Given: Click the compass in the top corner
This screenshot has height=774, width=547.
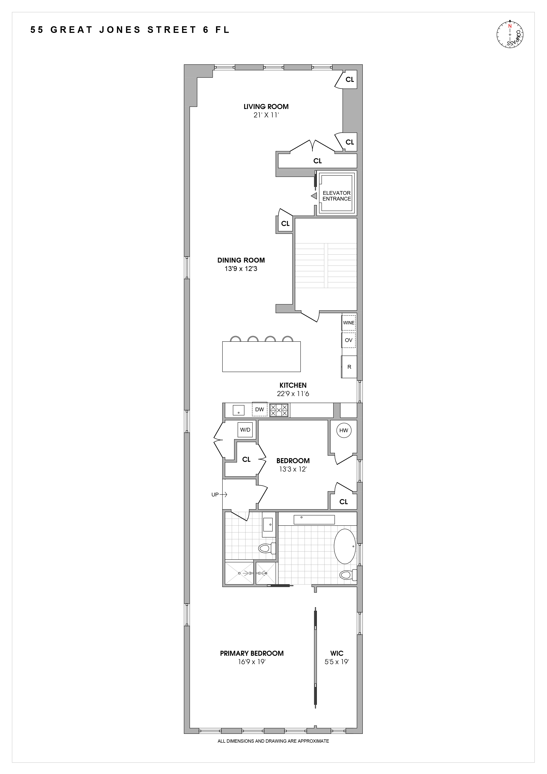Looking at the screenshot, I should click(x=509, y=34).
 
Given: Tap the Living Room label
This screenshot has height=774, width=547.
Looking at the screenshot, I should click(x=266, y=107).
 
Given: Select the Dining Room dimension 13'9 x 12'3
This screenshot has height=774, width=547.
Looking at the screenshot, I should click(x=241, y=269).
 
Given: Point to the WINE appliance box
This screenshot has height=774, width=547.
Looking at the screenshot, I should click(x=348, y=323).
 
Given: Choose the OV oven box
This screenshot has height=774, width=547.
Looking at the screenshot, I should click(x=348, y=340).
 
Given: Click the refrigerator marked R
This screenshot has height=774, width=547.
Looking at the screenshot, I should click(x=349, y=367).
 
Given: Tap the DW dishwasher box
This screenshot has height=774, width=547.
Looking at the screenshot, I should click(x=259, y=410).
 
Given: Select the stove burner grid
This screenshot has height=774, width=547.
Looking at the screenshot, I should click(x=279, y=410).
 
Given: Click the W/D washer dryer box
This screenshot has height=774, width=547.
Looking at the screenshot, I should click(x=245, y=430).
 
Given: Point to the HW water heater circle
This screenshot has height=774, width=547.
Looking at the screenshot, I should click(x=344, y=430).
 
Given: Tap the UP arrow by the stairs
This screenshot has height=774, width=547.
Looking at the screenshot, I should click(x=219, y=494).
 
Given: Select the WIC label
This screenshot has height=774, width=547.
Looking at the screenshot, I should click(x=337, y=653).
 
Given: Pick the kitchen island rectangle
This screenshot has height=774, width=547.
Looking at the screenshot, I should click(x=261, y=357).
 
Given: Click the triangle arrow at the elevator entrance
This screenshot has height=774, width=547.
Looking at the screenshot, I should click(x=314, y=196).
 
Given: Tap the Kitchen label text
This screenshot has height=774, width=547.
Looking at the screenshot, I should click(x=293, y=385).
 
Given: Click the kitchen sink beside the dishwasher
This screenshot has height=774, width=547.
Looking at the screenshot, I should click(x=238, y=410).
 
